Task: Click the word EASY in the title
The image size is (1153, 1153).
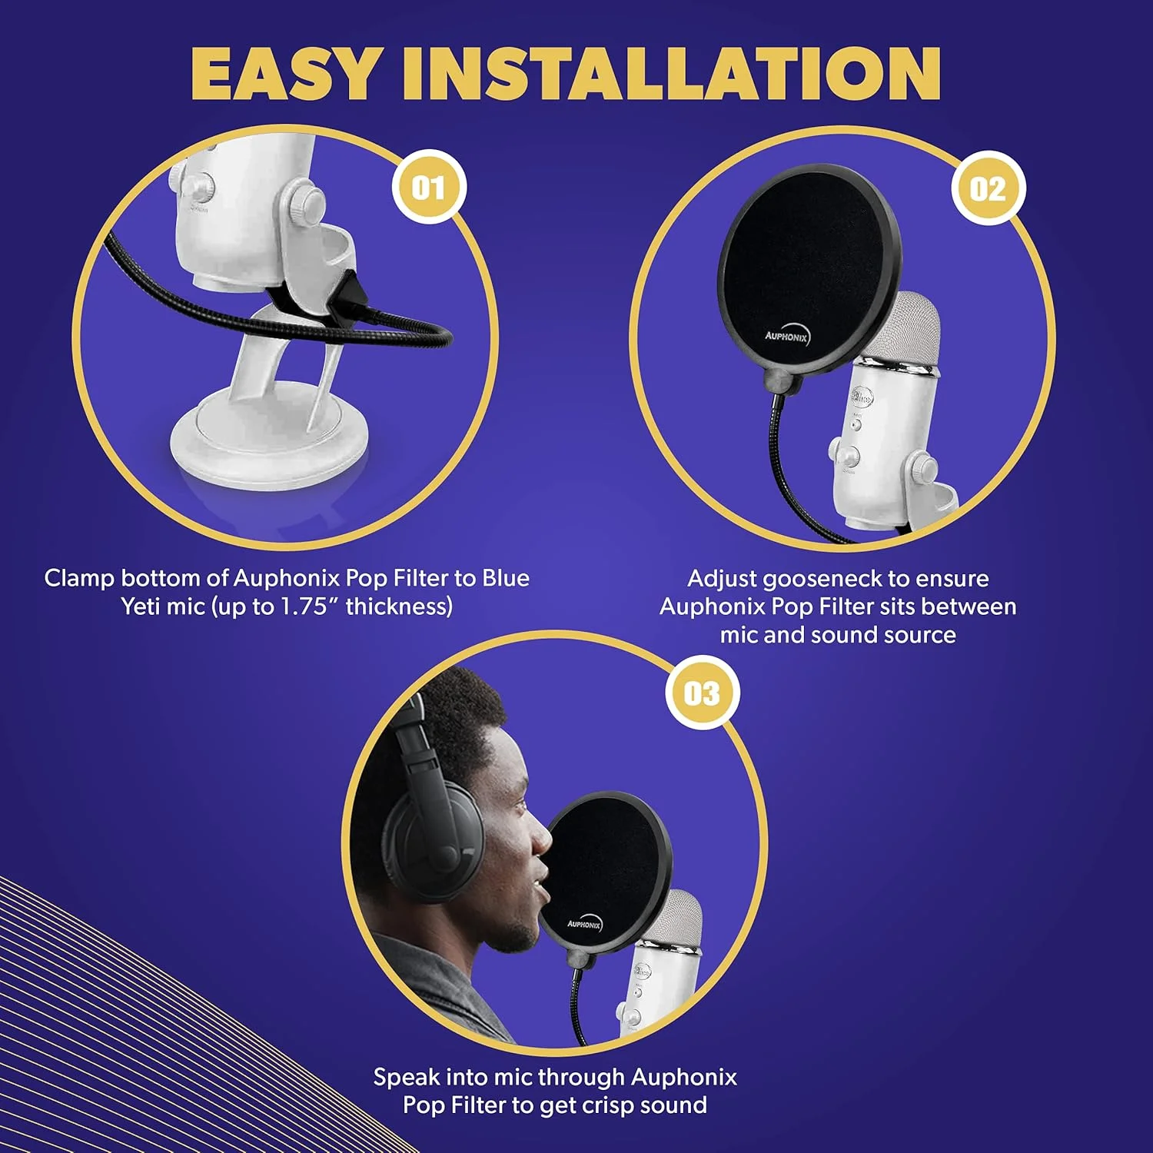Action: click(x=284, y=74)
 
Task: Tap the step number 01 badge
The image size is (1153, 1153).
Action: click(x=429, y=188)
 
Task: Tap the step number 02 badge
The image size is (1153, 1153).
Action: click(x=988, y=189)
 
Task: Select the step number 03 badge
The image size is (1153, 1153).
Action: click(x=702, y=693)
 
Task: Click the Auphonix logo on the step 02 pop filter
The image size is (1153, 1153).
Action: click(x=786, y=335)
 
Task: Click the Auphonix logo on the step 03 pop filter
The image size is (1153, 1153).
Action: click(x=584, y=923)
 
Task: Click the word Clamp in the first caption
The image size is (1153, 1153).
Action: click(x=78, y=578)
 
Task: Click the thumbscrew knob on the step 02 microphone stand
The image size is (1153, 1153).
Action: click(x=922, y=467)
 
